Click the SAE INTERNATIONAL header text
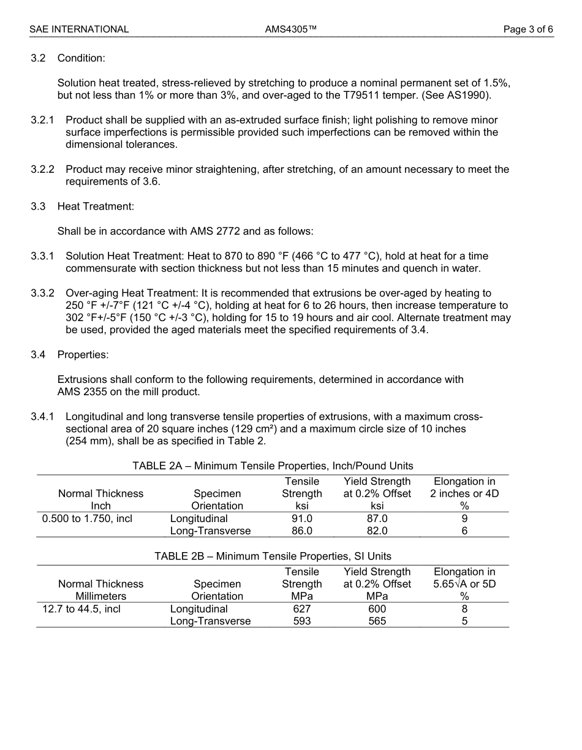79,29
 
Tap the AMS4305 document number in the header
290,29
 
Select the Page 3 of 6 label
528,29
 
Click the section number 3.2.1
42,120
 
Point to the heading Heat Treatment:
96,206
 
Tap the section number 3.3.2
42,294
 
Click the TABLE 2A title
273,466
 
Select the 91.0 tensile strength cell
301,518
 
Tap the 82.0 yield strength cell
377,531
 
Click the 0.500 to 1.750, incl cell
87,518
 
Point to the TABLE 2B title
273,556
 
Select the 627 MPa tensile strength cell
301,609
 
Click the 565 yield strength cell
377,621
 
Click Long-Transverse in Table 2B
210,621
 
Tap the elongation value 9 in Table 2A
464,518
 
